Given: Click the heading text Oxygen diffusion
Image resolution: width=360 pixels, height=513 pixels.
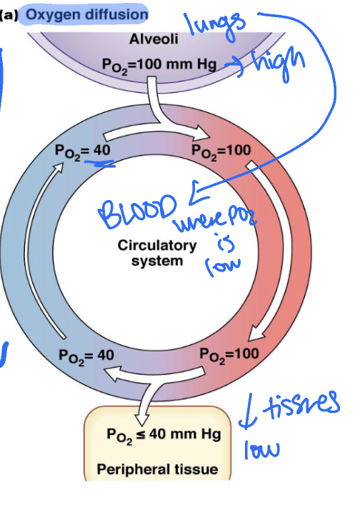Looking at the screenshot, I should pyautogui.click(x=86, y=14).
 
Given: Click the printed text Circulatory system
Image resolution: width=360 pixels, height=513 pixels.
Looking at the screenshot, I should pyautogui.click(x=156, y=253).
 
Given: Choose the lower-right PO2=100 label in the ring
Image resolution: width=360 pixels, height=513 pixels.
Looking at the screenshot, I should pyautogui.click(x=229, y=354).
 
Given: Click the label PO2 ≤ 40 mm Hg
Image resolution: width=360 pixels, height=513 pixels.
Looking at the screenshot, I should pyautogui.click(x=164, y=434).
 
